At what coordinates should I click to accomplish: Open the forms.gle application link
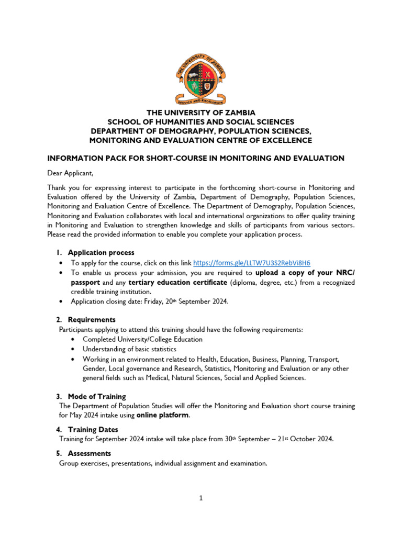[x=255, y=263]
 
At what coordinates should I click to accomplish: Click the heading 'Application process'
[x=101, y=252]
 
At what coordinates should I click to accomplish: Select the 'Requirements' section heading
[x=92, y=319]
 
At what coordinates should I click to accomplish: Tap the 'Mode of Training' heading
[x=97, y=396]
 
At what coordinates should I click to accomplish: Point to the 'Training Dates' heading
[x=93, y=429]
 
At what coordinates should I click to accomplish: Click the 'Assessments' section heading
[x=90, y=453]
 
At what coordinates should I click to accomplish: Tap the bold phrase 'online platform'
[x=162, y=416]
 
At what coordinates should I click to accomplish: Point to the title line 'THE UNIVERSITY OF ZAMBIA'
[x=200, y=113]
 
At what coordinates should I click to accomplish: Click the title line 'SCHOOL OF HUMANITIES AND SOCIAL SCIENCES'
[x=200, y=122]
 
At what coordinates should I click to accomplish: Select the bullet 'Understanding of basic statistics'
[x=129, y=349]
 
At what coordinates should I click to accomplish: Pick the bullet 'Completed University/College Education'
[x=142, y=339]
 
